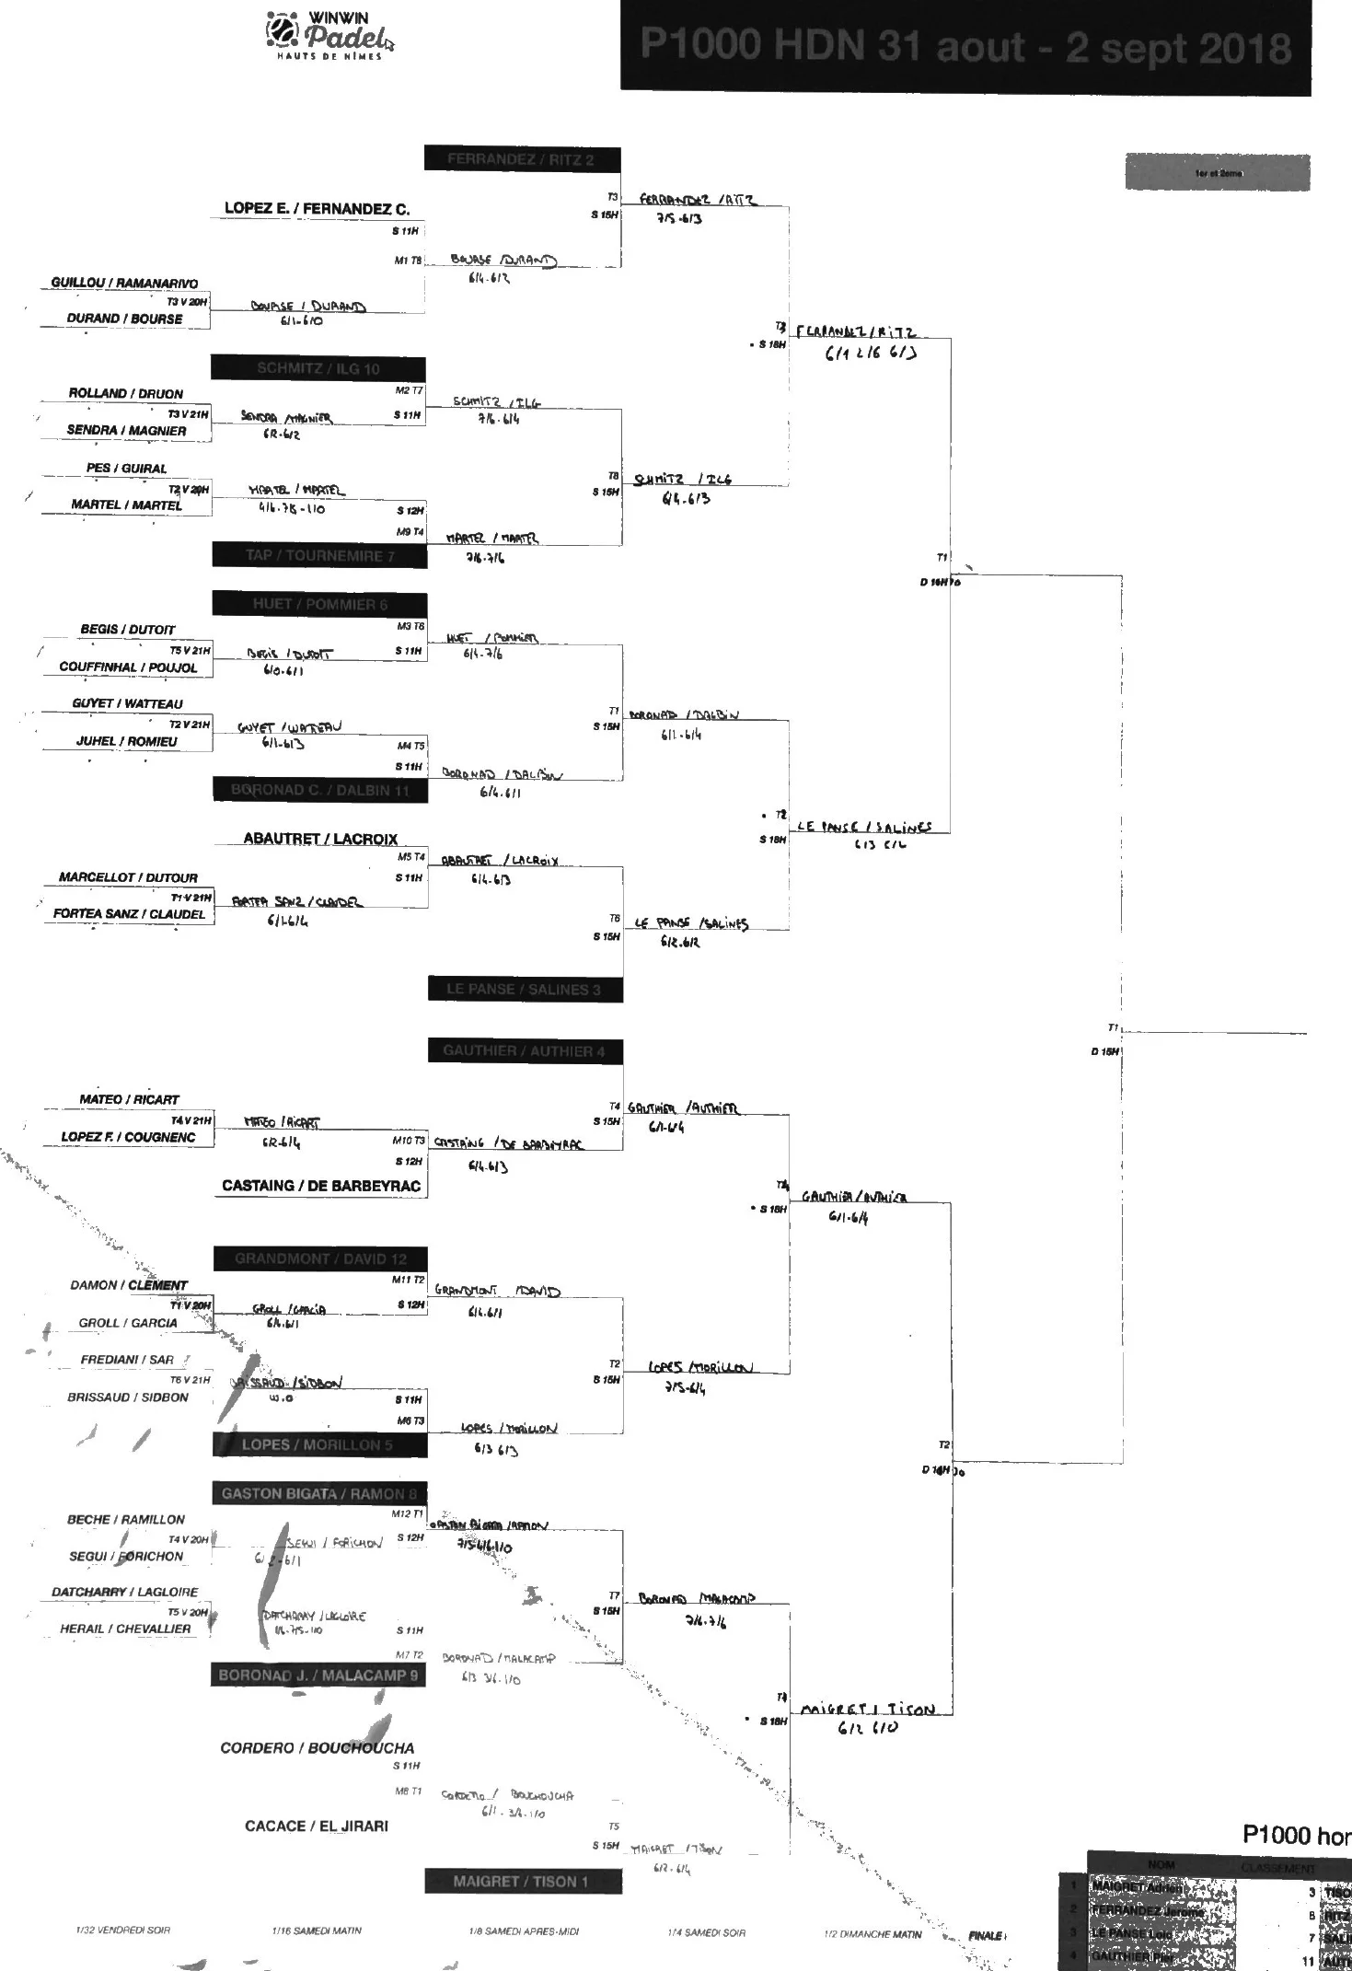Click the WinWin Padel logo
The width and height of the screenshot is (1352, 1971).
(x=329, y=37)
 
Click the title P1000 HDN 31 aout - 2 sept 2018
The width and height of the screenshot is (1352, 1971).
(x=965, y=46)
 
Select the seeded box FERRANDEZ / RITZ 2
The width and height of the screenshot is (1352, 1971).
(x=522, y=159)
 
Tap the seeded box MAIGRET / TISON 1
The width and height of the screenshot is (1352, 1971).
(x=522, y=1881)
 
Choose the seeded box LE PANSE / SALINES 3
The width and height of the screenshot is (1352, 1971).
(x=525, y=989)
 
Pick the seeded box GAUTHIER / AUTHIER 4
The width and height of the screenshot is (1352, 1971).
(x=525, y=1050)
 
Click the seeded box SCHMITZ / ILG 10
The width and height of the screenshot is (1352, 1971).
(x=318, y=368)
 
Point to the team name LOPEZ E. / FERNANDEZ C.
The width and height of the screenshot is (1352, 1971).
(x=318, y=209)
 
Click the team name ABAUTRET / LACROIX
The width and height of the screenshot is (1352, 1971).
(x=320, y=839)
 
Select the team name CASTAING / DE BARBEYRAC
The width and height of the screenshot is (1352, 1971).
(x=321, y=1186)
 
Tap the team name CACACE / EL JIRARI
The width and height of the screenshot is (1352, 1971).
(x=317, y=1826)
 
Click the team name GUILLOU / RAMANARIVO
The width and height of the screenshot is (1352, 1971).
(x=124, y=283)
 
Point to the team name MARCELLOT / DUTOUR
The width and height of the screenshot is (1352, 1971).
(x=128, y=877)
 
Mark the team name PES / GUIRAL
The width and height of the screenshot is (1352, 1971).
(x=126, y=468)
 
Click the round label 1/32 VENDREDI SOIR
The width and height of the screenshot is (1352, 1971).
(x=122, y=1930)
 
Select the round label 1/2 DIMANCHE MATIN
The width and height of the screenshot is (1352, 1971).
(x=872, y=1934)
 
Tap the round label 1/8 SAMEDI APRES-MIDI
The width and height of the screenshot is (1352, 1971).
(x=524, y=1931)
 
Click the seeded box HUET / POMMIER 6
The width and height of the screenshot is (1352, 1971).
(x=320, y=604)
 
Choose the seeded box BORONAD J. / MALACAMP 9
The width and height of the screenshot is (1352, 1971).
(x=318, y=1675)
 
